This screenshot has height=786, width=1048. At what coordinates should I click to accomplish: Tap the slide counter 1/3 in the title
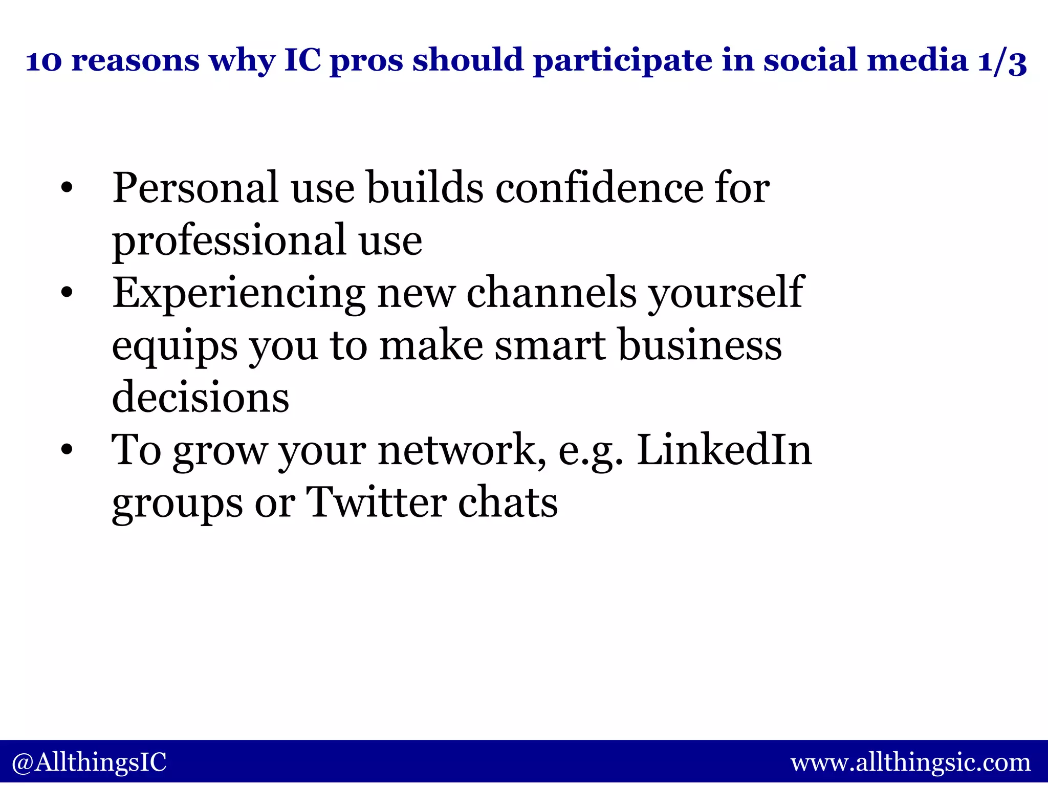click(1001, 61)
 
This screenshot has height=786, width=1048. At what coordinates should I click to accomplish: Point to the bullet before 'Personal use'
click(66, 189)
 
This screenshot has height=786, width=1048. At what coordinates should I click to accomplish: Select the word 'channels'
click(552, 293)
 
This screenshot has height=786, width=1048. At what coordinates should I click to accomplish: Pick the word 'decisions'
click(200, 398)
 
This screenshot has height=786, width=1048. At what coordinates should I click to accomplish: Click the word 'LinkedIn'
click(724, 450)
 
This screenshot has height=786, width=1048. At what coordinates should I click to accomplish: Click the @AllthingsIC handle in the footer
click(89, 762)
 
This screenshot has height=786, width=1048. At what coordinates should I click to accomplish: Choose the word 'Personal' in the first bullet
click(195, 188)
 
